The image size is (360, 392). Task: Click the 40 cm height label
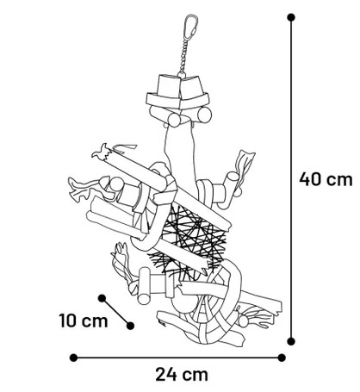[326, 179]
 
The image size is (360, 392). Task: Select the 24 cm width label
[182, 375]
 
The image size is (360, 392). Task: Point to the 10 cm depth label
[84, 320]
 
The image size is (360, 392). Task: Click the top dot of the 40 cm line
[291, 17]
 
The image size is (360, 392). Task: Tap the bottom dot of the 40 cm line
[291, 341]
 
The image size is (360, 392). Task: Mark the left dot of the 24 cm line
[73, 358]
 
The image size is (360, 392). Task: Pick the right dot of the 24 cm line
[282, 358]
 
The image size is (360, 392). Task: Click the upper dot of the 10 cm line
[102, 298]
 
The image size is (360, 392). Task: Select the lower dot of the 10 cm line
[130, 326]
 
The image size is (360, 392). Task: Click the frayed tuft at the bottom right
[256, 317]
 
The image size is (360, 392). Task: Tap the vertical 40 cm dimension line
[291, 179]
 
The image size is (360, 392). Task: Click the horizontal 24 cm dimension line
[177, 358]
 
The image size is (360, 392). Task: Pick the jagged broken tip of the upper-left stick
[102, 152]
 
